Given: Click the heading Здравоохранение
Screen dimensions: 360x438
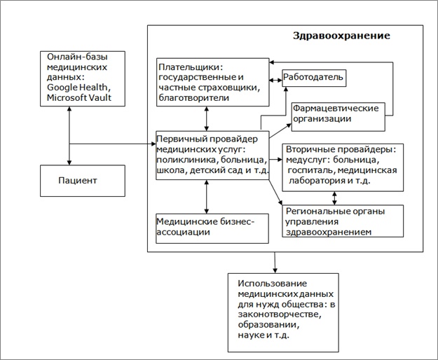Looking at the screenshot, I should pyautogui.click(x=341, y=35).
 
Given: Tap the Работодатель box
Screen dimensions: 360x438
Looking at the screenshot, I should pyautogui.click(x=313, y=76).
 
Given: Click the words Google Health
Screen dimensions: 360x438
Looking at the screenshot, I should pyautogui.click(x=76, y=87).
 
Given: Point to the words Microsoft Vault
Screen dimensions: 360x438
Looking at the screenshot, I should pyautogui.click(x=79, y=97).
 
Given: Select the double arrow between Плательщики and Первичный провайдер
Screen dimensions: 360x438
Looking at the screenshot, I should pyautogui.click(x=206, y=119).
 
